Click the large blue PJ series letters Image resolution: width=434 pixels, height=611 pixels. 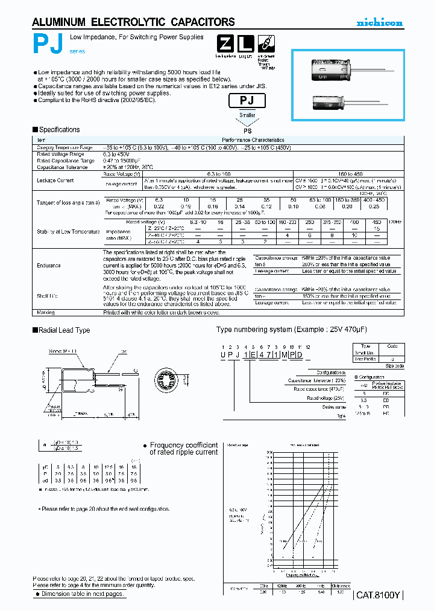46,44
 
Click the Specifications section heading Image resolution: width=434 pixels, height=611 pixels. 59,130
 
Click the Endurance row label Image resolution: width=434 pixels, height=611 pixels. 48,265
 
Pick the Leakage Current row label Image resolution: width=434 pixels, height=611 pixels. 55,181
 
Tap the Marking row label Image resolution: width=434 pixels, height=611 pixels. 46,312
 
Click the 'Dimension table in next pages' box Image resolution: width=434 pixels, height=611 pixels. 80,593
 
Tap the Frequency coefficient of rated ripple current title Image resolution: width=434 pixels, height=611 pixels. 183,448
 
